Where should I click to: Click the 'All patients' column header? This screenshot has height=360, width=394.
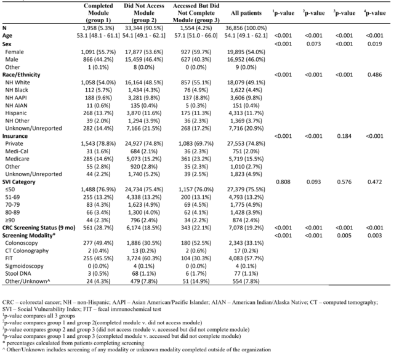click(246, 13)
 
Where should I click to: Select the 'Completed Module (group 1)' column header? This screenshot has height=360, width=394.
click(98, 13)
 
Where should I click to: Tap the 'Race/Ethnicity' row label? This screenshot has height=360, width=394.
click(21, 75)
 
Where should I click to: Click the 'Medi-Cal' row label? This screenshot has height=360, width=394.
click(17, 151)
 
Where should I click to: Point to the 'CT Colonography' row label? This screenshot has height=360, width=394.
click(27, 250)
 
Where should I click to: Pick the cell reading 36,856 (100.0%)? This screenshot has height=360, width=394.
click(246, 28)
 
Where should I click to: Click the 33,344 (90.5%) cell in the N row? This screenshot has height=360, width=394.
click(144, 28)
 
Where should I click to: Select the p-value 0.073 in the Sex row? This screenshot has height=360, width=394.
click(313, 44)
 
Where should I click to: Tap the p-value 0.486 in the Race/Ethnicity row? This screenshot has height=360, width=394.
click(375, 75)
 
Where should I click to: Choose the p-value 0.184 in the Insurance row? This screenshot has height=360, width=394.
click(344, 136)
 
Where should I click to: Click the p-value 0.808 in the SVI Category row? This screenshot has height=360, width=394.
click(283, 182)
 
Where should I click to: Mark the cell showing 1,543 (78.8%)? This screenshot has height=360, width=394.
click(98, 144)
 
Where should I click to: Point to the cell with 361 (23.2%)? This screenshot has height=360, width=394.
click(196, 159)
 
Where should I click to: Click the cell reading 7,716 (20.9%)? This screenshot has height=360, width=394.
click(246, 129)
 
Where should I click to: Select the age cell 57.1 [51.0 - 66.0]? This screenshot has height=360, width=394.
click(196, 36)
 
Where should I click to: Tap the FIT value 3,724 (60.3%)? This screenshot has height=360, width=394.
click(144, 258)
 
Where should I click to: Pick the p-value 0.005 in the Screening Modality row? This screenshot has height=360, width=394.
click(344, 236)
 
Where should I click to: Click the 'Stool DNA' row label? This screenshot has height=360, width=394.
click(18, 274)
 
